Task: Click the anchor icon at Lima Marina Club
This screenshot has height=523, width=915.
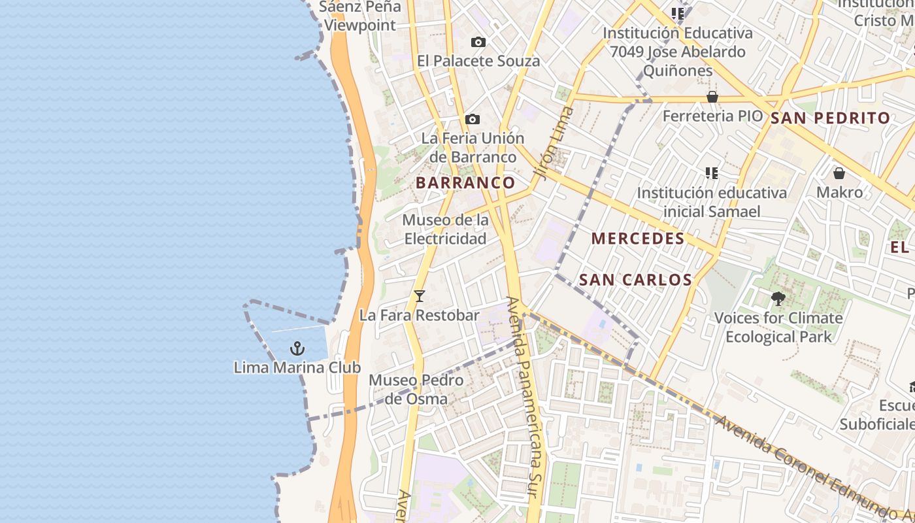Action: click(297, 348)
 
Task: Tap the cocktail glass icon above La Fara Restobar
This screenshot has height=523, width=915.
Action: click(420, 296)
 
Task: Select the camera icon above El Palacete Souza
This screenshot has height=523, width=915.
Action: click(478, 42)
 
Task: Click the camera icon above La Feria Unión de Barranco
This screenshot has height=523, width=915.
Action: click(473, 120)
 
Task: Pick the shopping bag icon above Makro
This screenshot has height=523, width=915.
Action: click(839, 173)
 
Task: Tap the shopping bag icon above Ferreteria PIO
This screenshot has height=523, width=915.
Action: click(712, 97)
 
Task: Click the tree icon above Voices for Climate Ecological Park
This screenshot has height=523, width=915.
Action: click(778, 299)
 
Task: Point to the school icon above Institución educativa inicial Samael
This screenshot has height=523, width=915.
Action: click(712, 173)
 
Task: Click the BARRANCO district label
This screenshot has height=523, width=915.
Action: click(465, 183)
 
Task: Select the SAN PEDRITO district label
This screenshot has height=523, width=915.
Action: click(830, 118)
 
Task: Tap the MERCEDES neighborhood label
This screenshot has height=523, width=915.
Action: click(638, 239)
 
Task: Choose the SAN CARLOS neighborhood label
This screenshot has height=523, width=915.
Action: click(635, 280)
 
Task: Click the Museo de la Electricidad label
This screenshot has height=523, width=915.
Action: click(445, 229)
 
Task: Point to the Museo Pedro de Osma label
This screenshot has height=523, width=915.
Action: click(416, 389)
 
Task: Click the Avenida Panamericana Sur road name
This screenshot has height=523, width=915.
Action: click(526, 405)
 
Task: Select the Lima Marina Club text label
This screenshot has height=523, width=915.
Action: click(297, 367)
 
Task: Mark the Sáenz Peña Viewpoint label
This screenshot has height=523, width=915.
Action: click(359, 16)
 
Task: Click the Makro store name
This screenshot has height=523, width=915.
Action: click(839, 192)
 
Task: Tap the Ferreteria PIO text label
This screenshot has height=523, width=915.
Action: click(712, 116)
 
